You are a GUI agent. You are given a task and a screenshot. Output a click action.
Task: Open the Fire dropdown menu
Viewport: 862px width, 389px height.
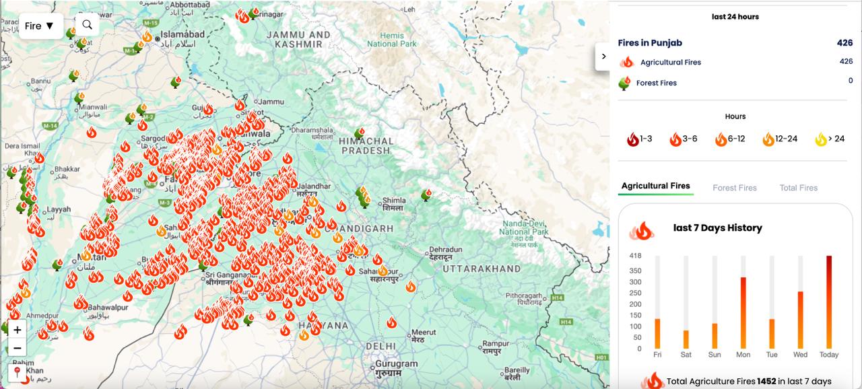click(x=40, y=26)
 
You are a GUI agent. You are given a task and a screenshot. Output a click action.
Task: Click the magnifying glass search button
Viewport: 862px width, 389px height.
click(x=88, y=25)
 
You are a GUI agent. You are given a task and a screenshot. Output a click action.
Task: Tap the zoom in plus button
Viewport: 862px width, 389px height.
click(x=18, y=330)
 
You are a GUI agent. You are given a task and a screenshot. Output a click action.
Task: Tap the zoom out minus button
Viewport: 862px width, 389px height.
click(x=18, y=348)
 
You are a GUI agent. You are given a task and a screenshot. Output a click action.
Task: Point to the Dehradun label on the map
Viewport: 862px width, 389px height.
click(x=445, y=250)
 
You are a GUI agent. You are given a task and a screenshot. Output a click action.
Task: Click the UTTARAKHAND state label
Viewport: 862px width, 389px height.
click(x=482, y=269)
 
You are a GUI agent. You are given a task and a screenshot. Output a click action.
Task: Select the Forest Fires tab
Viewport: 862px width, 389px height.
click(x=735, y=188)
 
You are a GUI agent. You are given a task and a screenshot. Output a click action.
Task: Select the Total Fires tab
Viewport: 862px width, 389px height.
click(x=798, y=188)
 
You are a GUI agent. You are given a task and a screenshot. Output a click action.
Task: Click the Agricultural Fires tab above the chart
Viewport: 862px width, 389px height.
click(x=655, y=186)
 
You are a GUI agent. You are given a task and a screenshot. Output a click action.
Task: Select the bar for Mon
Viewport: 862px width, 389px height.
click(x=743, y=312)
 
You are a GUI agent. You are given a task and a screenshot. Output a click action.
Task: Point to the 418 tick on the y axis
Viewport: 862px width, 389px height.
click(x=635, y=256)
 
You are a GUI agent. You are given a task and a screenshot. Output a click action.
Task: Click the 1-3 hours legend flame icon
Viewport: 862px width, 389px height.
click(x=632, y=139)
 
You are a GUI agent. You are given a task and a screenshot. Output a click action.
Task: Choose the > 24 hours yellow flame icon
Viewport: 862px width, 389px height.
click(x=821, y=139)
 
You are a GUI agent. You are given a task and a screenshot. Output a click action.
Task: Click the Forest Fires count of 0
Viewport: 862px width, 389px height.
click(x=851, y=81)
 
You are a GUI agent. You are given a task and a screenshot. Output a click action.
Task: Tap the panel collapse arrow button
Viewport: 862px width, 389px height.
click(x=603, y=57)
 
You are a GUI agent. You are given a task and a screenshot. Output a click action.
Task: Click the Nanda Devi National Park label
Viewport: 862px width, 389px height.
click(x=524, y=227)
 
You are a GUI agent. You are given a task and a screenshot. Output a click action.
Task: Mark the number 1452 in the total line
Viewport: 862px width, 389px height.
click(x=766, y=381)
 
